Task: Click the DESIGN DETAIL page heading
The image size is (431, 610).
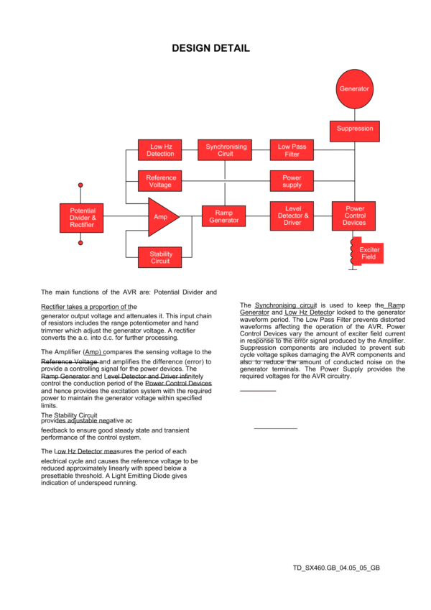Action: click(211, 48)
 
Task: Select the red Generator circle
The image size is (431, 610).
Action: click(354, 89)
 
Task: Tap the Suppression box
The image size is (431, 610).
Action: click(354, 129)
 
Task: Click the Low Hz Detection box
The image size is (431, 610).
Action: click(160, 150)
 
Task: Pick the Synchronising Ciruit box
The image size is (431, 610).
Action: click(226, 150)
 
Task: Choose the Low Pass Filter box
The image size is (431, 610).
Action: click(292, 150)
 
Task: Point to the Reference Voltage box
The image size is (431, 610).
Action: click(160, 181)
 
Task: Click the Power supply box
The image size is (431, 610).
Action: click(292, 181)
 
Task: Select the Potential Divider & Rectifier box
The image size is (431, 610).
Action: click(82, 216)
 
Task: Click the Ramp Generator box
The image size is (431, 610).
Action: click(224, 216)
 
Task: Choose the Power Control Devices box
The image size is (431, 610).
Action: click(354, 216)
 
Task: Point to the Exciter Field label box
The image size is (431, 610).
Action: click(369, 254)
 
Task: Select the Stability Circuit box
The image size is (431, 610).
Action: click(160, 258)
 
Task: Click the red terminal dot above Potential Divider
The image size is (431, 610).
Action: click(80, 185)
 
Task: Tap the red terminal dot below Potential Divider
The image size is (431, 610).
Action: click(80, 244)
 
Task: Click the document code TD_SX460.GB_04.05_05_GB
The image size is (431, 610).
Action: click(336, 568)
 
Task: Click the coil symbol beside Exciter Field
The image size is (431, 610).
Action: click(352, 253)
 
